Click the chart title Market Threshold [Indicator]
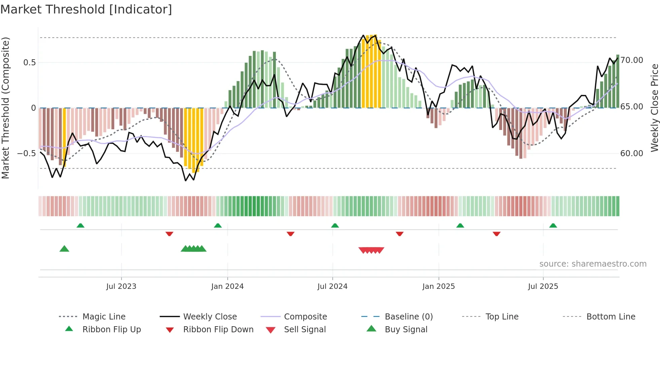[x=86, y=9]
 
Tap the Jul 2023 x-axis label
[x=121, y=286]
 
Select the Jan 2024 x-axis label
[x=227, y=286]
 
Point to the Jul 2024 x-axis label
[x=332, y=286]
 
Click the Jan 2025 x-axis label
[x=438, y=286]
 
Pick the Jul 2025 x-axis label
[x=543, y=286]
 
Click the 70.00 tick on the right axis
[x=632, y=60]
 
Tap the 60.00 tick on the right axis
[x=632, y=154]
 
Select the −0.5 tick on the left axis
[x=27, y=154]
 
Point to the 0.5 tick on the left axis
[x=29, y=63]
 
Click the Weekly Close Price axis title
[x=654, y=108]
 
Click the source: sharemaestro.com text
[x=593, y=264]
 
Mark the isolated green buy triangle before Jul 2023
[x=64, y=249]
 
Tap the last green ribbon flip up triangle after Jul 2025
[x=553, y=226]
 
